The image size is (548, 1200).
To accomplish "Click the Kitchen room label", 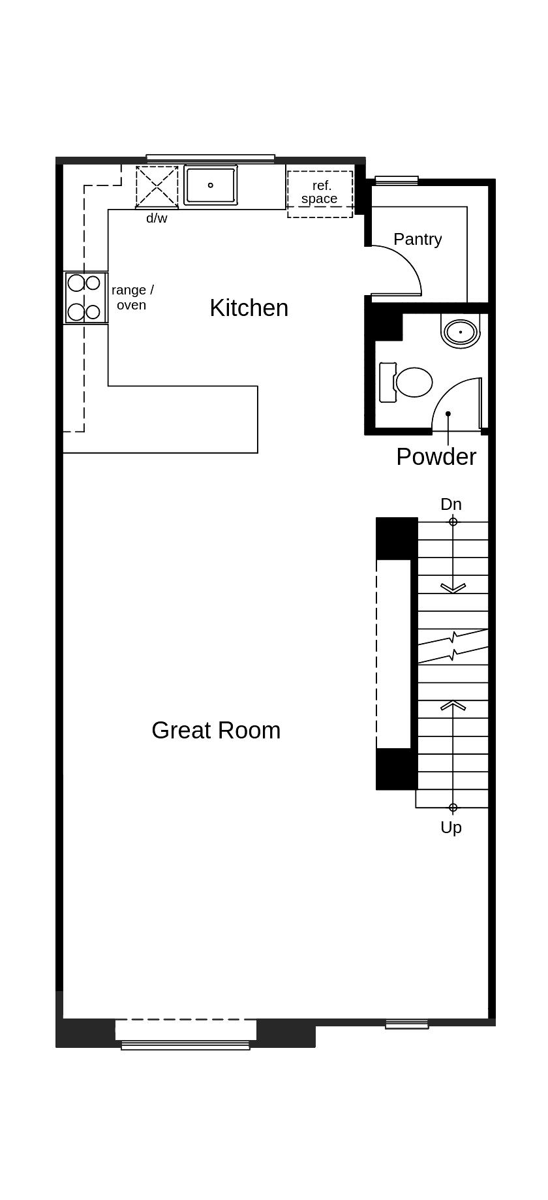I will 249,308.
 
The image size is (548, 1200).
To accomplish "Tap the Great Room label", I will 216,730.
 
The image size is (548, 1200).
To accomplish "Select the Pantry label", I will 418,239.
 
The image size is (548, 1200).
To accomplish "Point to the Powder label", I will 436,456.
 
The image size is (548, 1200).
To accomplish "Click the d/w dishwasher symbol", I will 157,187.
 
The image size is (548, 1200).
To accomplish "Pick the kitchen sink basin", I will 210,185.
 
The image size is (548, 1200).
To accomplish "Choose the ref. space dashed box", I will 320,194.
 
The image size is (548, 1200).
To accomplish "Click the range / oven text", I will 132,297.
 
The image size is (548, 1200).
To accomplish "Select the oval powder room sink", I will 461,332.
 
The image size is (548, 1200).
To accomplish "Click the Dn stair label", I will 451,504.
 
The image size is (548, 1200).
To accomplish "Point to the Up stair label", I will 451,827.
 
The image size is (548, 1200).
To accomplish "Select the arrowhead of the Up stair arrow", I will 453,704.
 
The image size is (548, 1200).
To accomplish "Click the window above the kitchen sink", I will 210,157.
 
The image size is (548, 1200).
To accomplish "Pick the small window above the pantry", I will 396,180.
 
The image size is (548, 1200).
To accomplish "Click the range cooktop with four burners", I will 85,298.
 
